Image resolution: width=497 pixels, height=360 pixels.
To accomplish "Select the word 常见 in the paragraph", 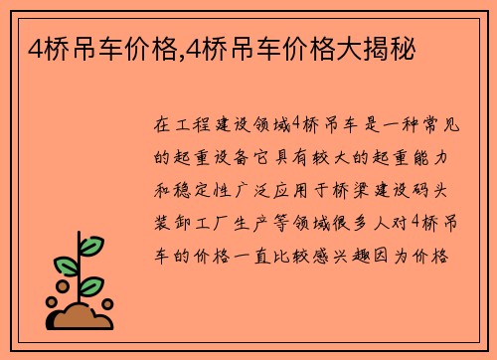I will coord(431,126).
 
